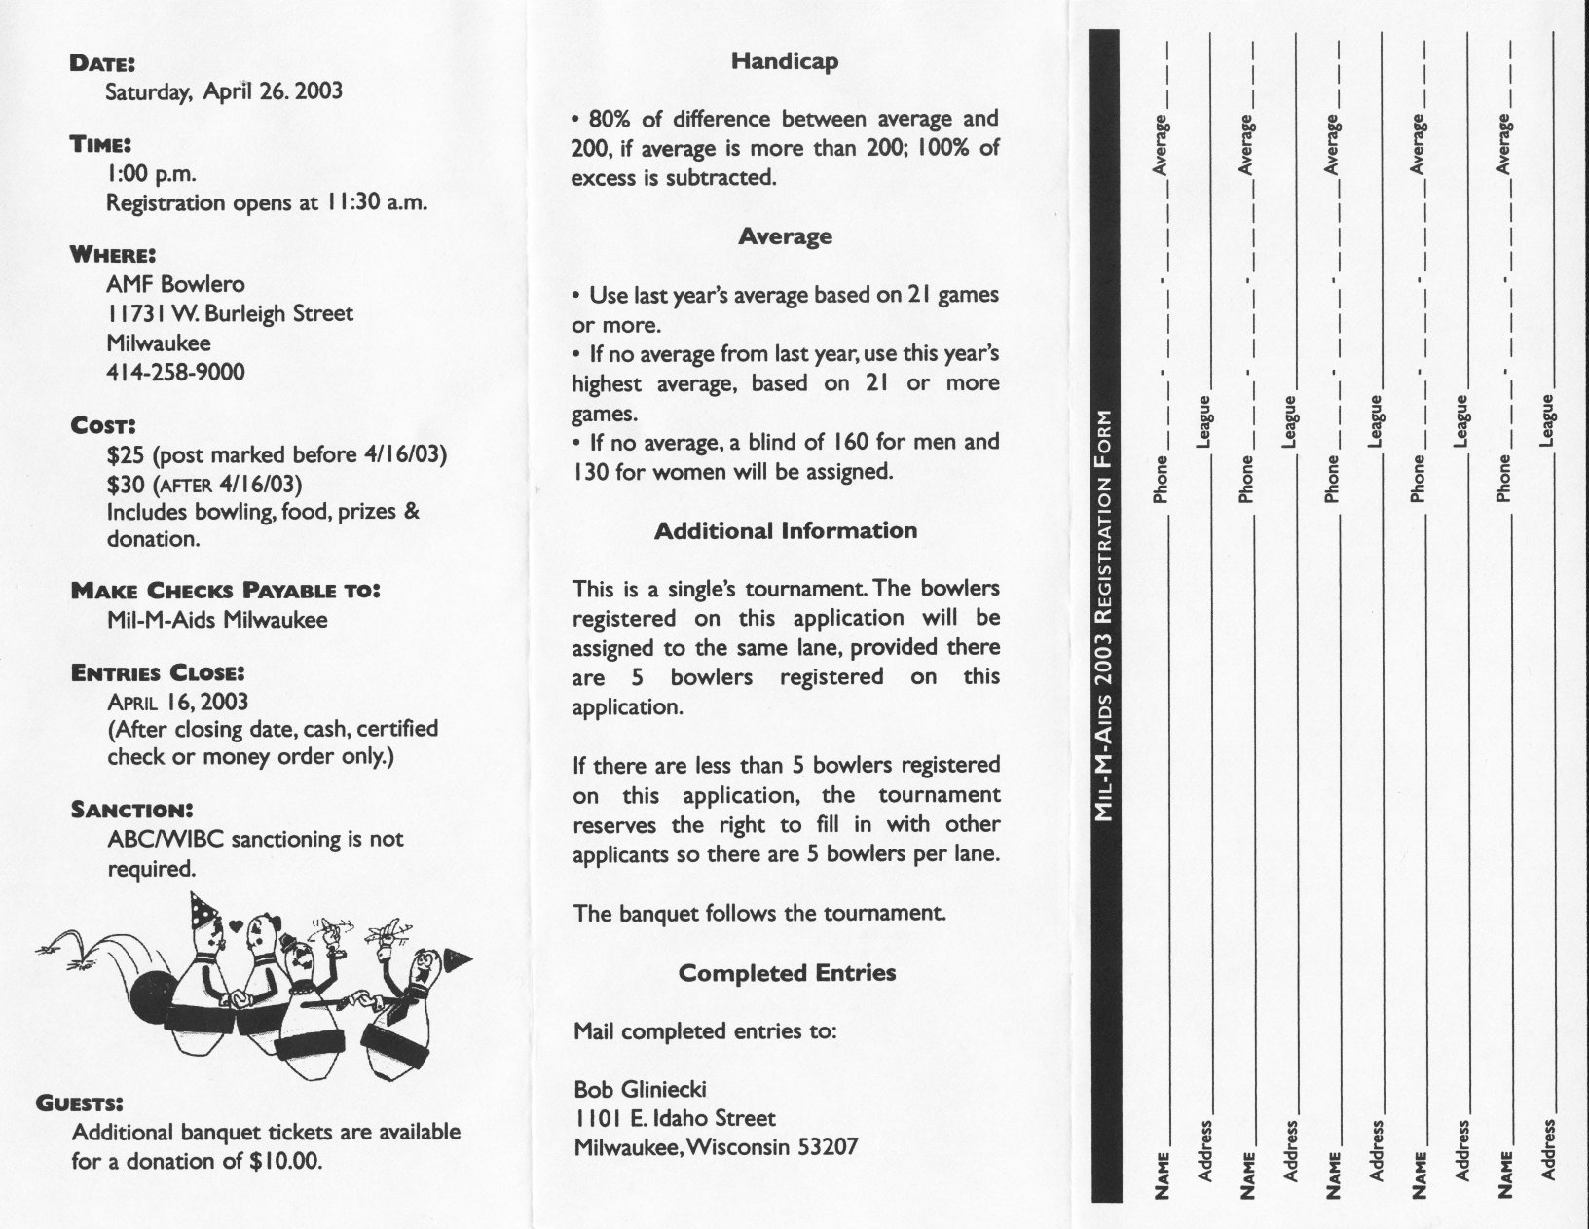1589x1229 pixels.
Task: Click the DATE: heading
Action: [x=102, y=63]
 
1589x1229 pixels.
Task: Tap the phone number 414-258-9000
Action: [x=175, y=372]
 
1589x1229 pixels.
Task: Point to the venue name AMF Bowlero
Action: [x=175, y=284]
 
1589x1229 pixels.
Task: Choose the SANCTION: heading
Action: [x=132, y=810]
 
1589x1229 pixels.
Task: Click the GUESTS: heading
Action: [x=79, y=1103]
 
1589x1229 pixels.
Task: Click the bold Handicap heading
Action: [x=785, y=61]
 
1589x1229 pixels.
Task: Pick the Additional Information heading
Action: [x=785, y=531]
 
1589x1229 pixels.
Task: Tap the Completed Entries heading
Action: [x=787, y=973]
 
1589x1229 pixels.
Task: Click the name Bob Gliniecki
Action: [x=641, y=1089]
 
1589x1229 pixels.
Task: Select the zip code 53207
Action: [x=828, y=1146]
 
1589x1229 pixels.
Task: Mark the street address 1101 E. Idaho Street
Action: [x=675, y=1118]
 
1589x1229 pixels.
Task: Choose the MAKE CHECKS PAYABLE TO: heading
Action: [x=225, y=591]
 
